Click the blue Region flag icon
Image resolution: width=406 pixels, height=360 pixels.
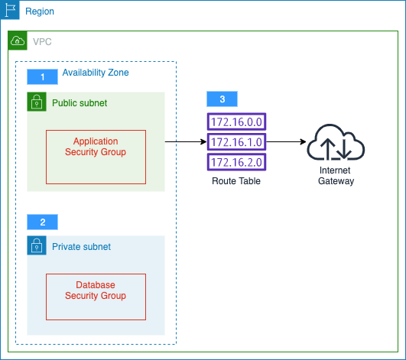click(x=10, y=10)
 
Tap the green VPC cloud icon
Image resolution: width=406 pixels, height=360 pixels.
click(x=18, y=41)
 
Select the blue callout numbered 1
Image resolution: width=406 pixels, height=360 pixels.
click(x=43, y=77)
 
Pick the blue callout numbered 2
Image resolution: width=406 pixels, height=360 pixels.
click(x=43, y=222)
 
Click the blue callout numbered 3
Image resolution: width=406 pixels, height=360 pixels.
click(x=222, y=99)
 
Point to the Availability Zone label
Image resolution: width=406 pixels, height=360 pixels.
click(x=96, y=73)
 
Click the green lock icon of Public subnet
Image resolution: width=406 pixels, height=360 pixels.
click(x=37, y=102)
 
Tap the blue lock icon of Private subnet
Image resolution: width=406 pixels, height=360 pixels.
click(x=37, y=245)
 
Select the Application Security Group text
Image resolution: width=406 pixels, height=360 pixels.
click(x=96, y=147)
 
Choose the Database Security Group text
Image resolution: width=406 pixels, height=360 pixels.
click(x=96, y=290)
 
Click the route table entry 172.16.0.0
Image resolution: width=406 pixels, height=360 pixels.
click(x=236, y=122)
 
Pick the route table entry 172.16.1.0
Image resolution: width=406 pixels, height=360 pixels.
click(x=236, y=142)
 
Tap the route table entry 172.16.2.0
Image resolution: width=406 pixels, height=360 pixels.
click(x=236, y=162)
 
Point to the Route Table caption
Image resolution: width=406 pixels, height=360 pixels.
click(x=236, y=181)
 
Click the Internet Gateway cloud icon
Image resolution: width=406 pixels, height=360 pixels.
click(x=336, y=142)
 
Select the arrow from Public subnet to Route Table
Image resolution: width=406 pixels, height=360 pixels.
click(x=186, y=142)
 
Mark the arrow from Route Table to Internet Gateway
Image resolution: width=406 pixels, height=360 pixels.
click(x=286, y=142)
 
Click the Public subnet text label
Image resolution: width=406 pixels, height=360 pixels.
click(x=80, y=103)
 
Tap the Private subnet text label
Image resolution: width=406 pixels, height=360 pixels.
click(x=81, y=247)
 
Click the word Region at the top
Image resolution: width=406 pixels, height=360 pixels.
click(x=40, y=11)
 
